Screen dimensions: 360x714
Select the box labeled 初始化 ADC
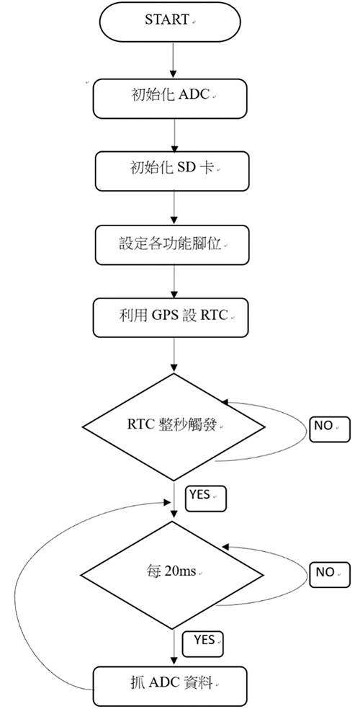coord(170,99)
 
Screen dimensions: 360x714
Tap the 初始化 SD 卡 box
coord(172,171)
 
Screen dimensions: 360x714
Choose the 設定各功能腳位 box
coord(172,244)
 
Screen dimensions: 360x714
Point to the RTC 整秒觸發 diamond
coord(174,427)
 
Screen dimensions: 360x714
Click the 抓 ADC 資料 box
coord(170,686)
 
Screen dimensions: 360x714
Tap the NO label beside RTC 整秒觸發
coord(330,429)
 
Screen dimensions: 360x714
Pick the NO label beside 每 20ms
coord(330,575)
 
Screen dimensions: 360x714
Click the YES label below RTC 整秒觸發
coord(206,499)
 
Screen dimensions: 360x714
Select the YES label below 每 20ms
coord(203,644)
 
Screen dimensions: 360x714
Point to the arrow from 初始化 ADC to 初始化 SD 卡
coord(174,135)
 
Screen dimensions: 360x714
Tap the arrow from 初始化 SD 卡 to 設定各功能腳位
coord(174,207)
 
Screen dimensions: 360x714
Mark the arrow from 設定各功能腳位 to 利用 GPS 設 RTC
coord(174,282)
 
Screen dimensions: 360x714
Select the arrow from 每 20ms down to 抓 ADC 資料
coord(174,648)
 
